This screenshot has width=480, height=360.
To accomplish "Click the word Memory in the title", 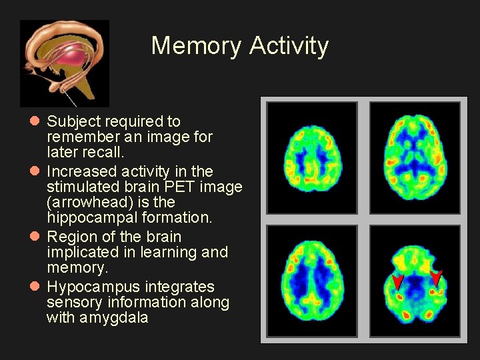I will pyautogui.click(x=197, y=46).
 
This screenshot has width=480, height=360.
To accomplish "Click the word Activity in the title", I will pyautogui.click(x=289, y=46).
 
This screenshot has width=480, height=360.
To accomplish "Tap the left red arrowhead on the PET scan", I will pyautogui.click(x=397, y=281).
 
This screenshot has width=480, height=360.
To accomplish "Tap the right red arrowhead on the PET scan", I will pyautogui.click(x=436, y=276).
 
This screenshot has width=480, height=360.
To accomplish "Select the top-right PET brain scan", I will pyautogui.click(x=414, y=157).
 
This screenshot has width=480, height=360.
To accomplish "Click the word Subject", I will pyautogui.click(x=72, y=121).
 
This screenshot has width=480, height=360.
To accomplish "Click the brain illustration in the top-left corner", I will pyautogui.click(x=65, y=63).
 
